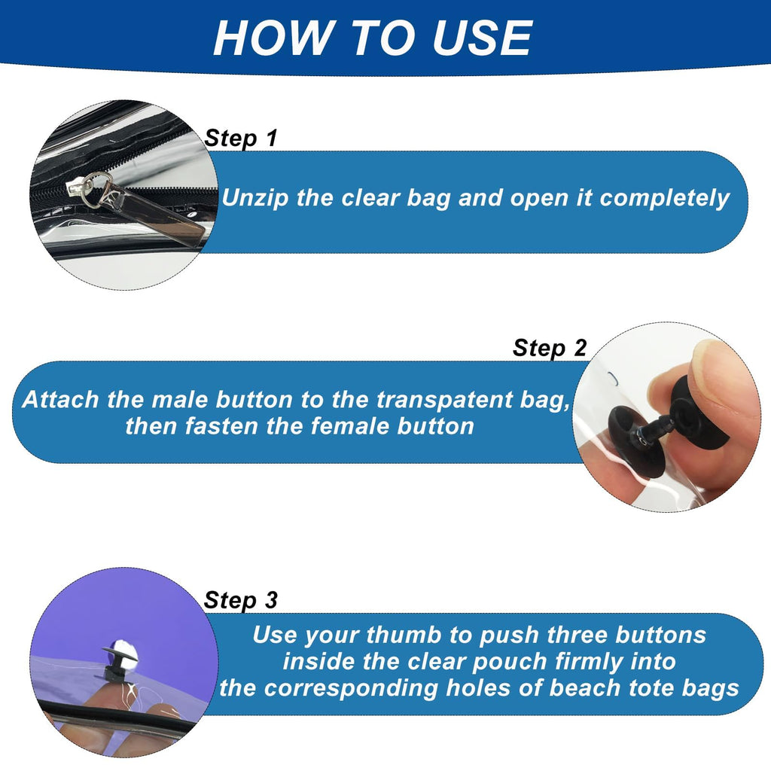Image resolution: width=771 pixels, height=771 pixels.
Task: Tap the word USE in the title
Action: (x=483, y=38)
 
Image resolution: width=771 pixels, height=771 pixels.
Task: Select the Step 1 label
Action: (x=241, y=139)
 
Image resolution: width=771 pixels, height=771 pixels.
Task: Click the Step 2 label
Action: (x=550, y=348)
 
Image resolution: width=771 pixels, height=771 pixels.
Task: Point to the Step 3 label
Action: (x=241, y=600)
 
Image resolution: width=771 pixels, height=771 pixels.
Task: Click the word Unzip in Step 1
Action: (x=256, y=199)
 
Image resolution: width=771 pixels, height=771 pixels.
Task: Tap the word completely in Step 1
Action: (x=664, y=199)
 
